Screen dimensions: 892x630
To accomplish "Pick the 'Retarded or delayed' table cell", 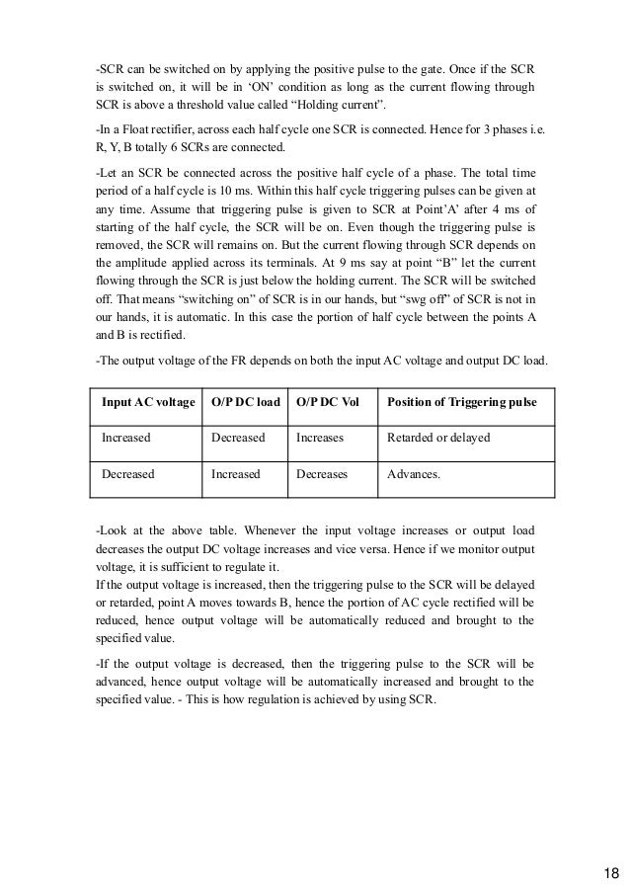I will tap(438, 437).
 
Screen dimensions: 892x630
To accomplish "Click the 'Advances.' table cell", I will tap(414, 474).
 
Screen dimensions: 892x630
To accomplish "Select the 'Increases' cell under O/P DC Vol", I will tap(321, 437).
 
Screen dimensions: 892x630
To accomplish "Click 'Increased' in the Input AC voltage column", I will tap(125, 437).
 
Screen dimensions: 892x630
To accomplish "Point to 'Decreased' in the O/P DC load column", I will tap(238, 437).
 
